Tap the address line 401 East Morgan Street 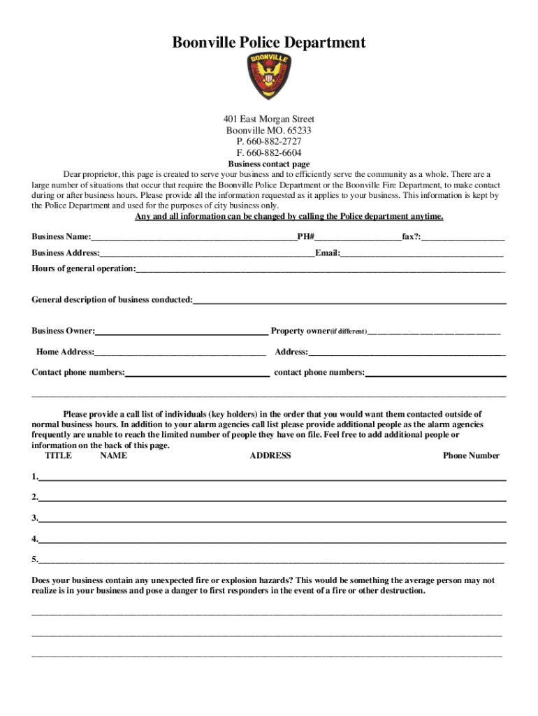[269, 120]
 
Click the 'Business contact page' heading [269, 164]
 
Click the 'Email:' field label [327, 252]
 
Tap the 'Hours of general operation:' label [84, 268]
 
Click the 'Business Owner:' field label [64, 331]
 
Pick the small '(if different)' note [348, 331]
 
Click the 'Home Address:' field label [65, 352]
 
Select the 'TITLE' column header [58, 456]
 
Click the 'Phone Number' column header [471, 456]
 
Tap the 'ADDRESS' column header [270, 456]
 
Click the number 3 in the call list [34, 518]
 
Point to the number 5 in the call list [34, 559]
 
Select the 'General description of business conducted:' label [112, 300]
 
